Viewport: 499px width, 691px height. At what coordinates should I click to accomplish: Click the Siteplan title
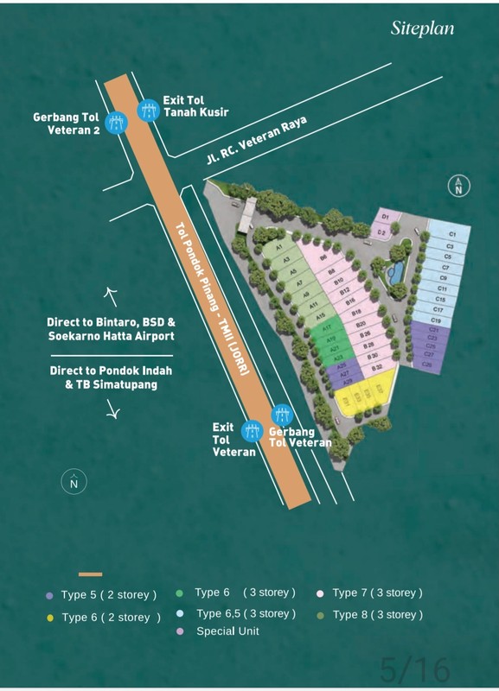pos(422,28)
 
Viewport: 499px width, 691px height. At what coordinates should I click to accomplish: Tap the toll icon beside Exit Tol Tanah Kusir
pos(149,110)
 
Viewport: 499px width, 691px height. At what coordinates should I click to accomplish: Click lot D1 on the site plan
pos(387,217)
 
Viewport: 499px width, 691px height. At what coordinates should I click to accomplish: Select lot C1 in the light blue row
pos(451,234)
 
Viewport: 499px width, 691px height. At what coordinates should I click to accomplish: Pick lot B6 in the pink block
pos(323,258)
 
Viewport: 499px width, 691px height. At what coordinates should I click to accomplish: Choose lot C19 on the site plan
pos(436,320)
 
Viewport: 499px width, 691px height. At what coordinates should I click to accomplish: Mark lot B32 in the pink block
pos(375,369)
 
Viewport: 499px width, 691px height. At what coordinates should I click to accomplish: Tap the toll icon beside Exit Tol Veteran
pos(253,429)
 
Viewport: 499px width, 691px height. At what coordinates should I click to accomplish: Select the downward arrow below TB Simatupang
pos(112,413)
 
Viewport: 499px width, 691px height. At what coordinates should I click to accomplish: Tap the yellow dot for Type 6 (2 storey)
pos(49,618)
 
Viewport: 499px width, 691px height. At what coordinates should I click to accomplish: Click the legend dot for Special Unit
pos(179,631)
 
